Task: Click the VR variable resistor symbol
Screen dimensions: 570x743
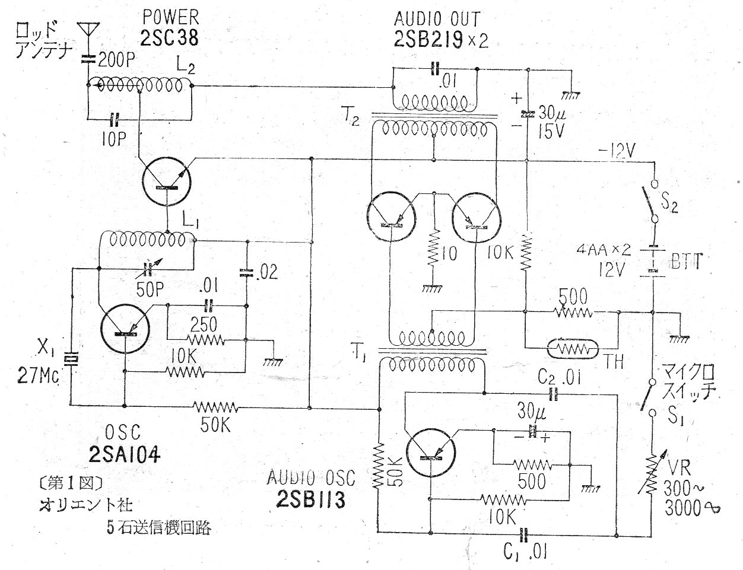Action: (652, 475)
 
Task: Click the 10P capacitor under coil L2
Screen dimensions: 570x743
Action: (115, 121)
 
